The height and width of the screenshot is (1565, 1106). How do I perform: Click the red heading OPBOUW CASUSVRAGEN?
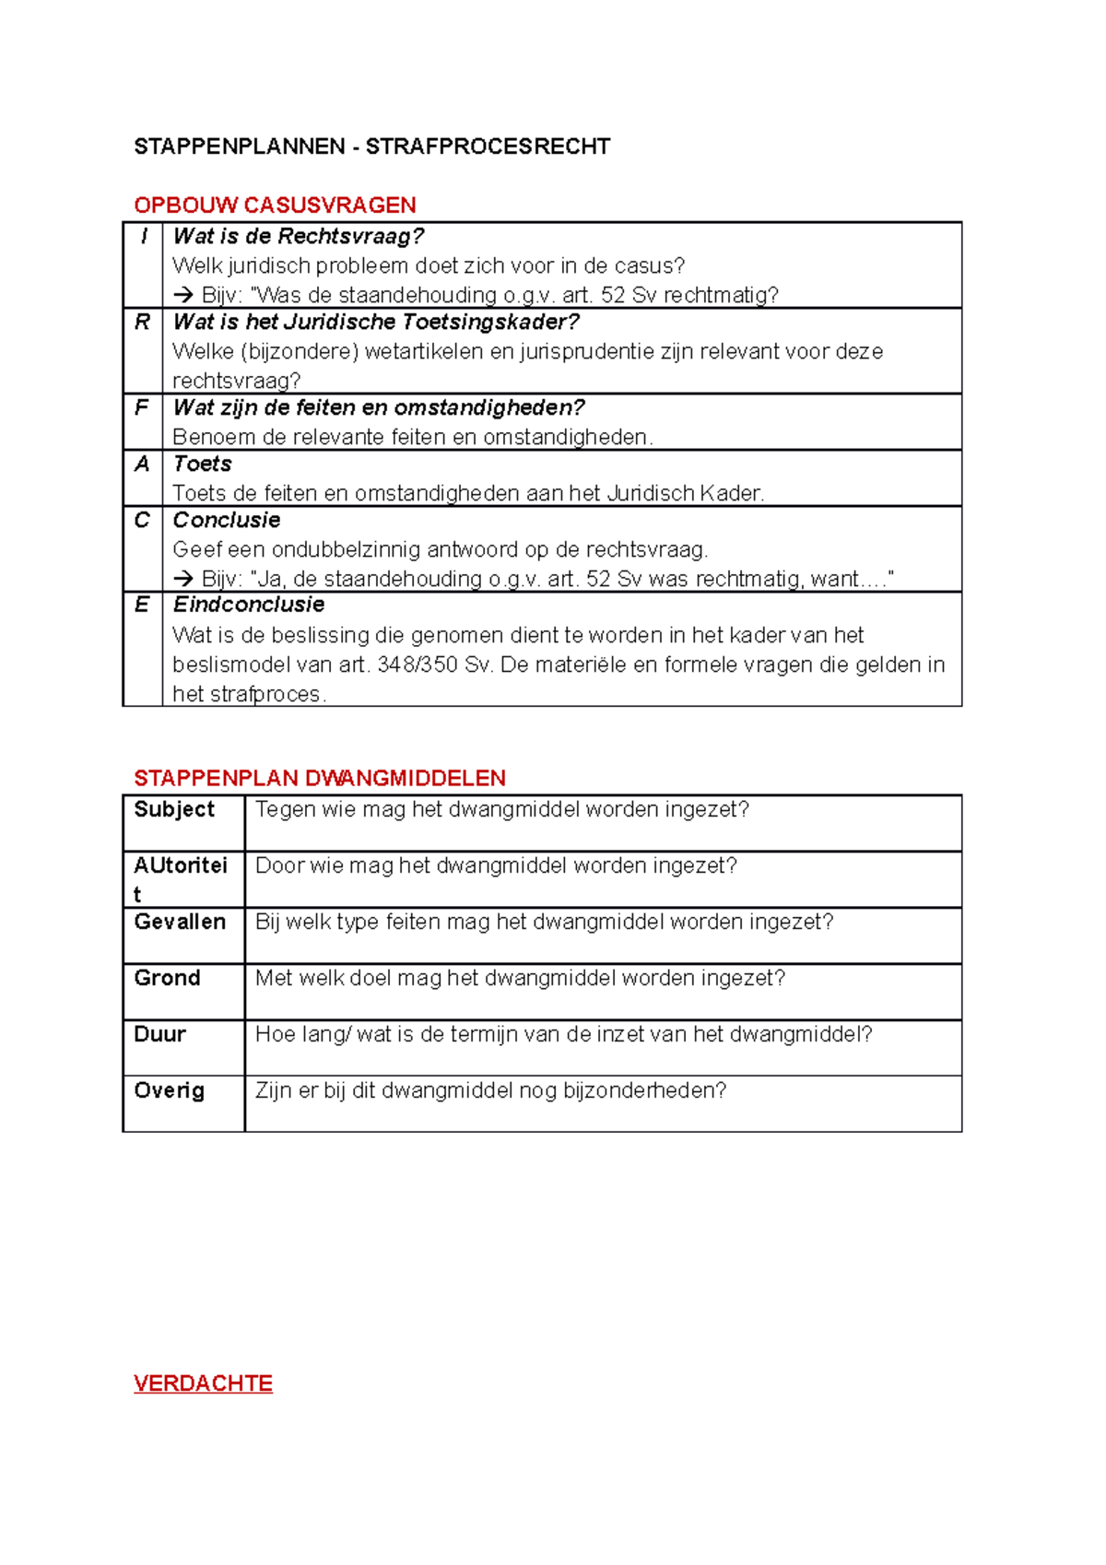pos(275,205)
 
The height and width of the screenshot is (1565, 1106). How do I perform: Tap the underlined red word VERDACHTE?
pos(203,1383)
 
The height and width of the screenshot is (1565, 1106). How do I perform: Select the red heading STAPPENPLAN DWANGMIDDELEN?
pos(319,778)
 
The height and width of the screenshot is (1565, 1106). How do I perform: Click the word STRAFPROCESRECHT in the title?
pos(488,147)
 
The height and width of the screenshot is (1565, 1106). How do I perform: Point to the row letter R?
pos(142,322)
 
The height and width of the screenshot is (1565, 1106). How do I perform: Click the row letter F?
pos(141,407)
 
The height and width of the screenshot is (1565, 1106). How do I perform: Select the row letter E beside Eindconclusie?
pos(141,605)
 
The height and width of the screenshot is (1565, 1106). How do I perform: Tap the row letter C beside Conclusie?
pos(141,520)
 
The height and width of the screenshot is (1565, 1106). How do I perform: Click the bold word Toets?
pos(202,464)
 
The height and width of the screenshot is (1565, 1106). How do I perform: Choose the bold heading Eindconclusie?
pos(249,605)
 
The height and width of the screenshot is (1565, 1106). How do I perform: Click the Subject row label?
pos(173,809)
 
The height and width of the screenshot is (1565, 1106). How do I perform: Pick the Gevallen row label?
pos(180,922)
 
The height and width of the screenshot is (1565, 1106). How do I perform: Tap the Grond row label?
pos(167,978)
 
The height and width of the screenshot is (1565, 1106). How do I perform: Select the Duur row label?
pos(159,1034)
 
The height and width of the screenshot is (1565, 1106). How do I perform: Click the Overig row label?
pos(169,1090)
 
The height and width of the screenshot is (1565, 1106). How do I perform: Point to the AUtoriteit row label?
pos(180,865)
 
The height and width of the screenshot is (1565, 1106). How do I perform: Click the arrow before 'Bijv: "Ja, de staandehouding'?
pos(183,579)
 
